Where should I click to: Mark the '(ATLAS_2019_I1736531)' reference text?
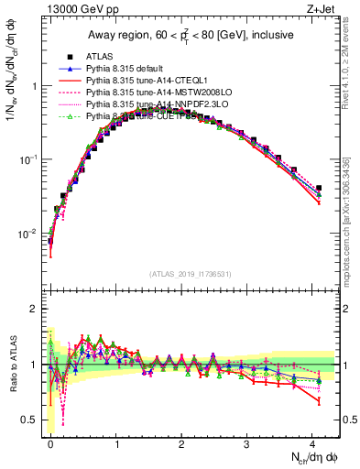coord(191,273)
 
